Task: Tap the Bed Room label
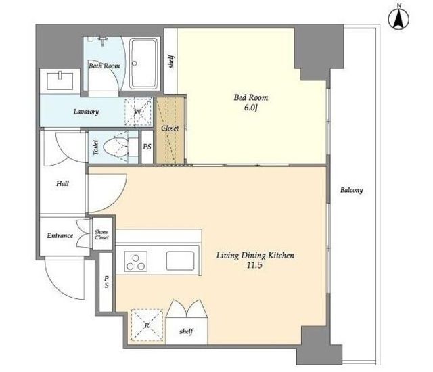[x=251, y=97]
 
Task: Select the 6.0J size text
[x=251, y=108]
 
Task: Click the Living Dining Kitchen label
[x=255, y=256]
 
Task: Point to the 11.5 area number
[x=254, y=266]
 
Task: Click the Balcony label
[x=352, y=190]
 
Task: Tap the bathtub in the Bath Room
[x=143, y=64]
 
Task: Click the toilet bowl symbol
[x=116, y=147]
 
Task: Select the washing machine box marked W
[x=138, y=112]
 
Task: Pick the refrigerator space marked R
[x=147, y=325]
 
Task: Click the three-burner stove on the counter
[x=135, y=261]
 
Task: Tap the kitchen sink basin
[x=181, y=261]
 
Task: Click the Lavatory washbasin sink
[x=60, y=81]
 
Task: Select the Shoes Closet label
[x=101, y=235]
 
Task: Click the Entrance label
[x=60, y=235]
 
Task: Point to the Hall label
[x=62, y=183]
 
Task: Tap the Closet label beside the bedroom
[x=170, y=129]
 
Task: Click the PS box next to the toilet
[x=147, y=147]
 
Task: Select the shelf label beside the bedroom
[x=171, y=62]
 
